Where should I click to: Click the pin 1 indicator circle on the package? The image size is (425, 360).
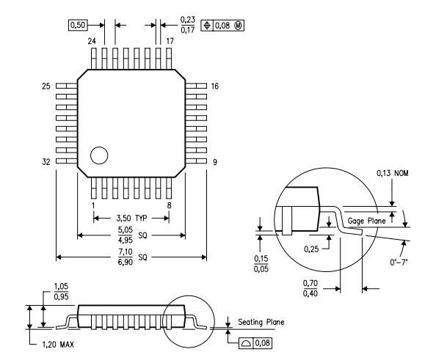(x=98, y=155)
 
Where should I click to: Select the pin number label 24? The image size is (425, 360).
(x=92, y=42)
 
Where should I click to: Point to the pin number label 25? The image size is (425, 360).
(x=48, y=86)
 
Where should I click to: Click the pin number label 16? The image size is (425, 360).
(x=215, y=86)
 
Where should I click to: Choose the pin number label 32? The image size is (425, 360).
(x=48, y=161)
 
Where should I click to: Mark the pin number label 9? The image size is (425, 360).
(x=214, y=161)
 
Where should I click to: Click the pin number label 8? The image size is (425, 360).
(x=170, y=206)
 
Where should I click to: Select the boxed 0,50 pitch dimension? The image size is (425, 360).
(x=76, y=25)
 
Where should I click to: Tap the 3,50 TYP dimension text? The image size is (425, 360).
(x=132, y=219)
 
